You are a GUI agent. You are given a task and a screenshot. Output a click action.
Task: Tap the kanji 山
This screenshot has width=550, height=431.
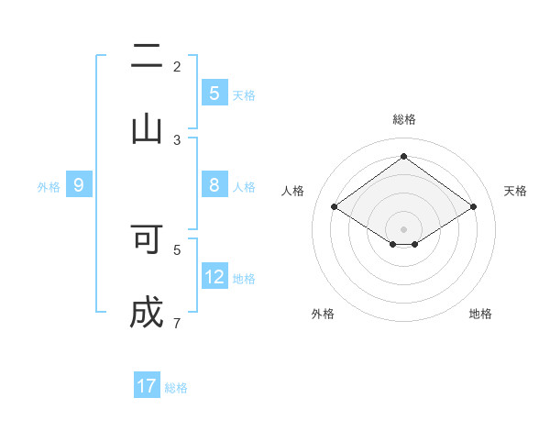[x=147, y=129]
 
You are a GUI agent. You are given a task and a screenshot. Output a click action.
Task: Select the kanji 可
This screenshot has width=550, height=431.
[x=147, y=239]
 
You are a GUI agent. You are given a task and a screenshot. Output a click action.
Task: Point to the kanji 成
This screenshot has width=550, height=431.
[x=147, y=314]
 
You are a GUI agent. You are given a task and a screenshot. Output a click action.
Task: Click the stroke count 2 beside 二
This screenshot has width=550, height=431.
[x=177, y=66]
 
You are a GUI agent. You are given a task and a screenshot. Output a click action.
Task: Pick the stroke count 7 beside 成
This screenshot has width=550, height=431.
[x=177, y=323]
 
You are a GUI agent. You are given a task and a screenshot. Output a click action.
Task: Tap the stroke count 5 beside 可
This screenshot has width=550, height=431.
[x=177, y=249]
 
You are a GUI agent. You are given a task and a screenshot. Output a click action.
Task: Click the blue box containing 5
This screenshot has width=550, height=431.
[x=214, y=93]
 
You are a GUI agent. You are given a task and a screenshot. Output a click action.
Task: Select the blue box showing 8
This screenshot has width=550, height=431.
[x=214, y=185]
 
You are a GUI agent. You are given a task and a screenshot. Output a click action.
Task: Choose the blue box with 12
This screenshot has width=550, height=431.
[x=214, y=277]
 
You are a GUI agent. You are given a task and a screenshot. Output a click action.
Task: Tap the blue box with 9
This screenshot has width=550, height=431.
[x=79, y=185]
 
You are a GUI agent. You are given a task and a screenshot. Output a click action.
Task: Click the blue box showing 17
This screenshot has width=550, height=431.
[x=147, y=386]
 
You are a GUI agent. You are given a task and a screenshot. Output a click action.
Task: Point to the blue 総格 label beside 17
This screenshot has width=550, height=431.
[x=176, y=388]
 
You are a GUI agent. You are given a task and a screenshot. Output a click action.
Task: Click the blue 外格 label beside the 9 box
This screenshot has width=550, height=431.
[x=49, y=187]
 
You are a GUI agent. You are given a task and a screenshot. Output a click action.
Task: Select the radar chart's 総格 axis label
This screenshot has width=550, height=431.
[x=404, y=119]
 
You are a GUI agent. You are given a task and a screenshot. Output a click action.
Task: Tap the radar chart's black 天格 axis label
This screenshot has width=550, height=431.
[x=516, y=191]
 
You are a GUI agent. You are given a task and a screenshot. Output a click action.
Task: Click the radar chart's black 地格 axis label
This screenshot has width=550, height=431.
[x=480, y=314]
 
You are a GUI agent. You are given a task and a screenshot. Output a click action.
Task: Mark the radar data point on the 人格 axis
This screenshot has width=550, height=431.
[x=334, y=207]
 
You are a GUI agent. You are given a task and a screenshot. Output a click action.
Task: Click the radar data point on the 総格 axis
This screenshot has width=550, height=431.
[x=404, y=156]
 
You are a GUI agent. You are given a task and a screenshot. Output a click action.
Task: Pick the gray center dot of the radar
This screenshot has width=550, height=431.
[x=404, y=227]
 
